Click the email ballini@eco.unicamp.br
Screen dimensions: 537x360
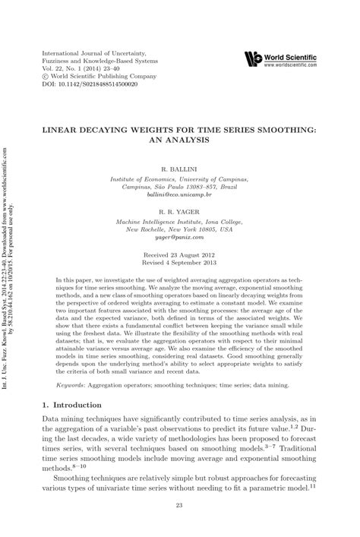[x=180, y=194]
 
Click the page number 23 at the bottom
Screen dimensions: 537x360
[x=180, y=506]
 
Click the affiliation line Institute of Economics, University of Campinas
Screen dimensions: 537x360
[x=180, y=175]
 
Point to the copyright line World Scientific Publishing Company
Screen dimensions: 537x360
[x=95, y=77]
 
